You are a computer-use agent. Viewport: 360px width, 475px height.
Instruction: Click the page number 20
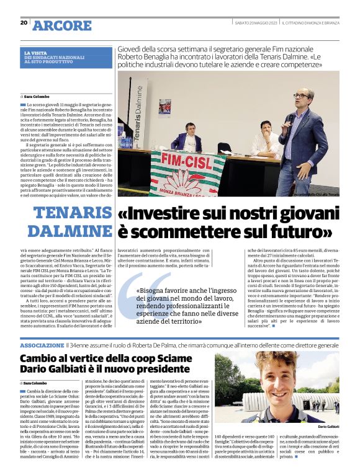click(24, 22)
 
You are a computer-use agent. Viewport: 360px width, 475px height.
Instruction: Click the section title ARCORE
click(62, 25)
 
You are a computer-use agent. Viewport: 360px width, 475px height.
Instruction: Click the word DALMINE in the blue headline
click(78, 232)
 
